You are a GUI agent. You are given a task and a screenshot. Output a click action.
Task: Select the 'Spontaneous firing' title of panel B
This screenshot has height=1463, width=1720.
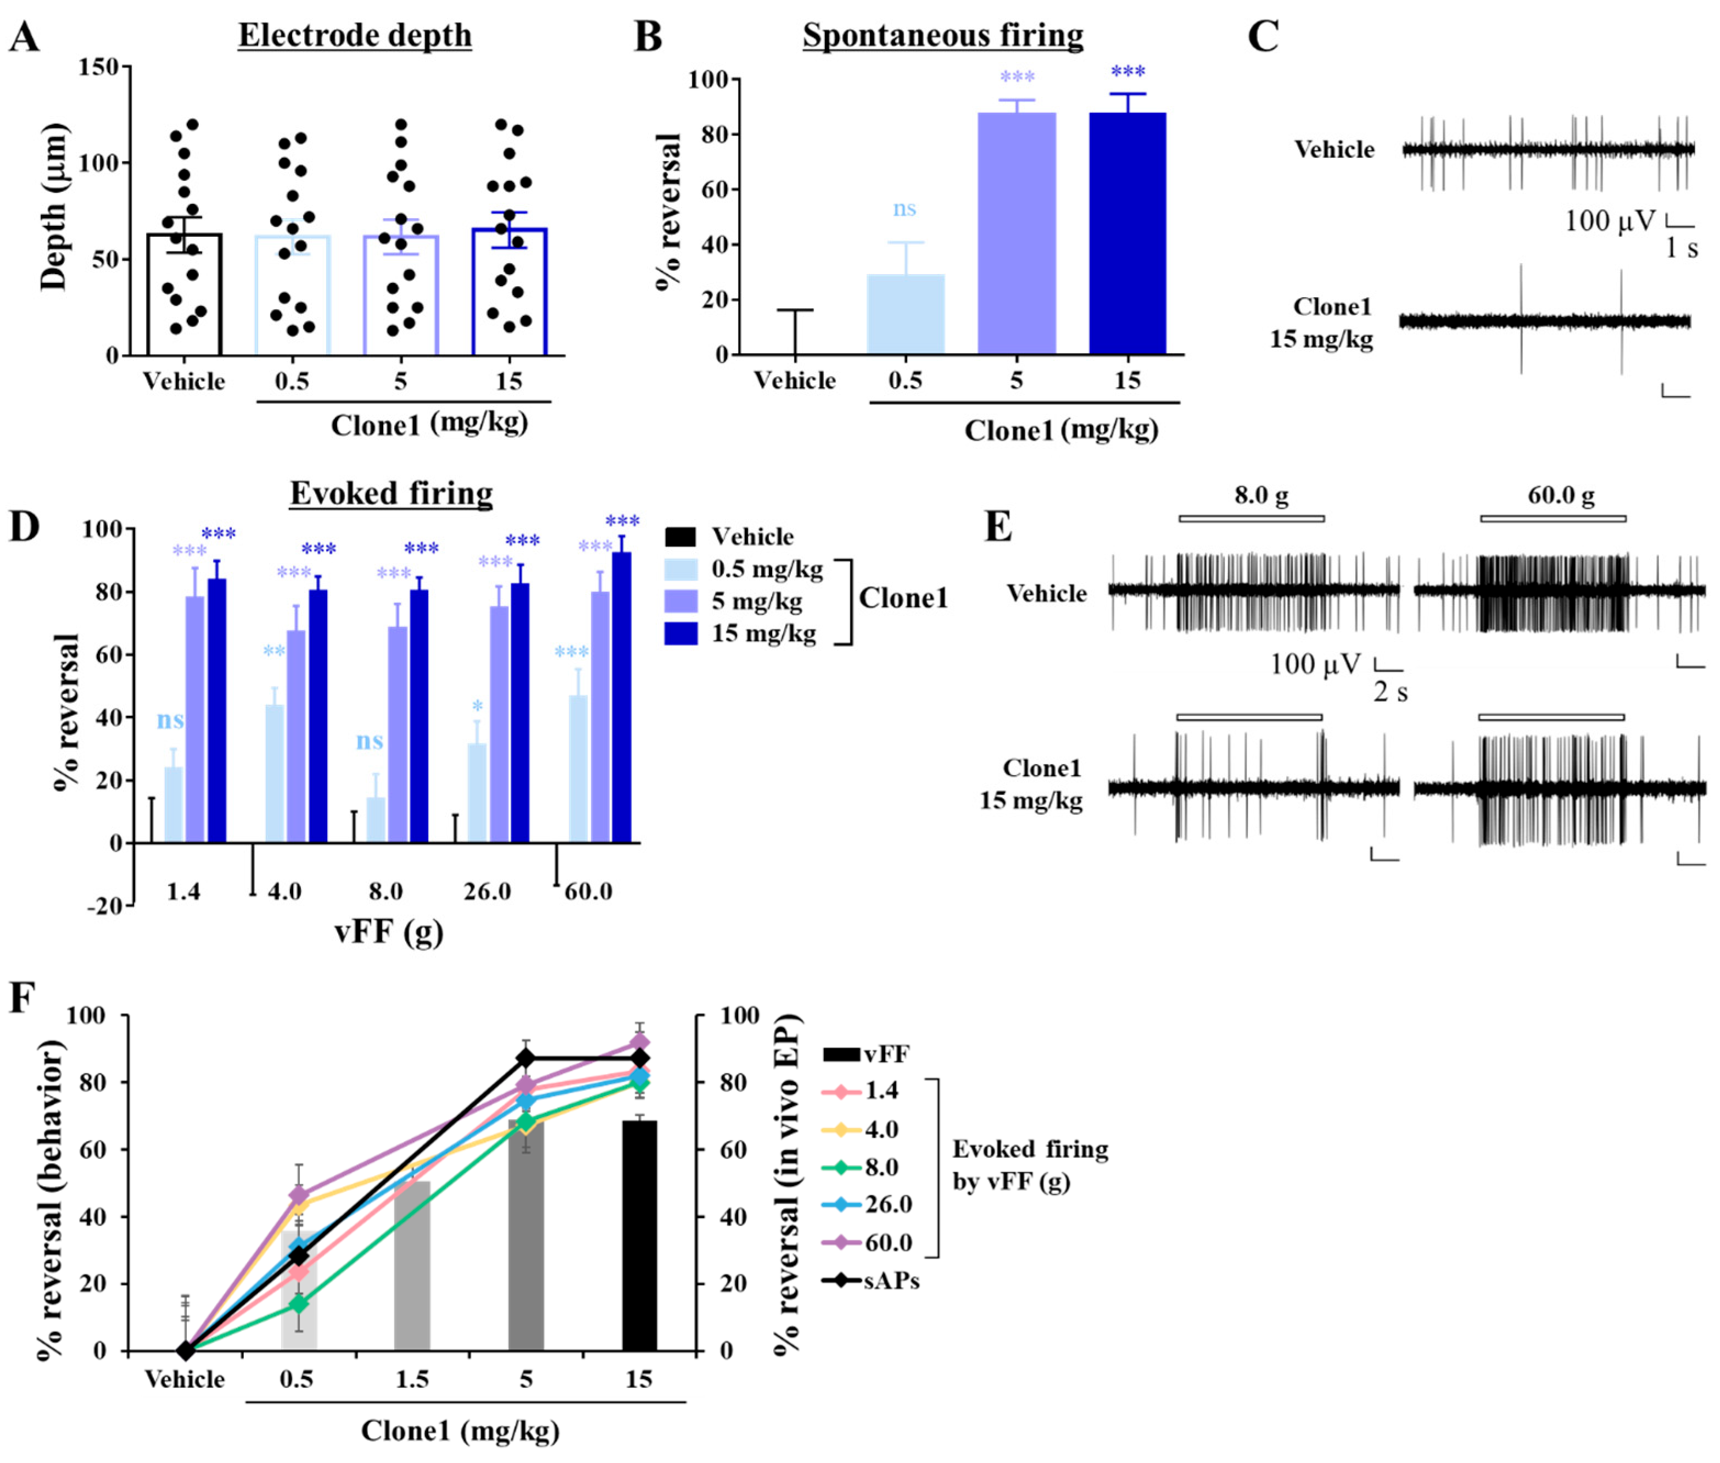942,36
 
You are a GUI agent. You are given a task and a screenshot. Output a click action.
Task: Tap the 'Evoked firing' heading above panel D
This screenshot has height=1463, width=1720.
391,493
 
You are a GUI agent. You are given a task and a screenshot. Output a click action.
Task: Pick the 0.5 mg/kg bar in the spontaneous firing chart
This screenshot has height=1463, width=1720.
905,314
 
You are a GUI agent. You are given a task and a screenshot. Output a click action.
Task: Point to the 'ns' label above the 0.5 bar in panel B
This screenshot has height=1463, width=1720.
904,208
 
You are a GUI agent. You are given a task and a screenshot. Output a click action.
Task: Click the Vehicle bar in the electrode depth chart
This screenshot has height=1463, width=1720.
184,294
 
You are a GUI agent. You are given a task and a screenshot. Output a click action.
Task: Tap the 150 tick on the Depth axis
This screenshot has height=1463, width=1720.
99,66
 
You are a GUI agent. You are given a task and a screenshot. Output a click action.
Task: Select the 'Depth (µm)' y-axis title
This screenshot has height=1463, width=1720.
53,207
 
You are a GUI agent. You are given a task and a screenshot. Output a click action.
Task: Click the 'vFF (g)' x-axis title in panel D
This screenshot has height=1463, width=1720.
389,932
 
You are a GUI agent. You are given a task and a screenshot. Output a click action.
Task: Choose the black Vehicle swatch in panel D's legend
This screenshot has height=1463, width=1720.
680,537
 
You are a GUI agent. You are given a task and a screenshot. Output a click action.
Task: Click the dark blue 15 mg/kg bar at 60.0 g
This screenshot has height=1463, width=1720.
622,698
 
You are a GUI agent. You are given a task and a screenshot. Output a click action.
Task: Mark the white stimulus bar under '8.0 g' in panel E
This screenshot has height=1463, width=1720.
1252,519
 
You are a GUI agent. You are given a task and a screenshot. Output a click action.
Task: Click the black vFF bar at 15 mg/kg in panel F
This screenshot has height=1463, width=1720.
639,1236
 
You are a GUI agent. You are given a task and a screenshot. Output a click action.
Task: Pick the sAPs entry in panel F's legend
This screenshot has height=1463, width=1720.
872,1281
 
